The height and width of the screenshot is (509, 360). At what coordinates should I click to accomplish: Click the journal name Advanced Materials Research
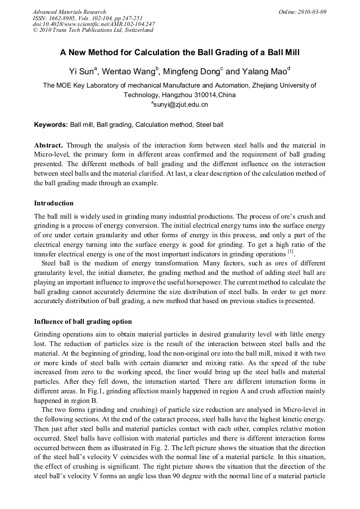click(69, 12)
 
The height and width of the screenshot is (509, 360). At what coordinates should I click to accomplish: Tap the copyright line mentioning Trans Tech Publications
click(93, 30)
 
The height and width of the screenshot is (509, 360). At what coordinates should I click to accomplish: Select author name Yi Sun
click(81, 71)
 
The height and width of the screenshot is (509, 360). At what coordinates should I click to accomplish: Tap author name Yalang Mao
click(265, 71)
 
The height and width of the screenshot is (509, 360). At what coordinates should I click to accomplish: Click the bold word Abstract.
click(49, 145)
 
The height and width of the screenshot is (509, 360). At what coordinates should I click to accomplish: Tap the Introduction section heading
click(54, 203)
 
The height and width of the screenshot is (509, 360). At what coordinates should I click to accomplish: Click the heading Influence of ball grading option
click(83, 322)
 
